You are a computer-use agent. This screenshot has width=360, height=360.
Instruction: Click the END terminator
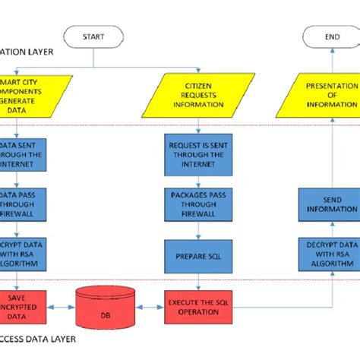coord(331,36)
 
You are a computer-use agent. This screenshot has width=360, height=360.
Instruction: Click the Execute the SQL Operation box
coord(197,307)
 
